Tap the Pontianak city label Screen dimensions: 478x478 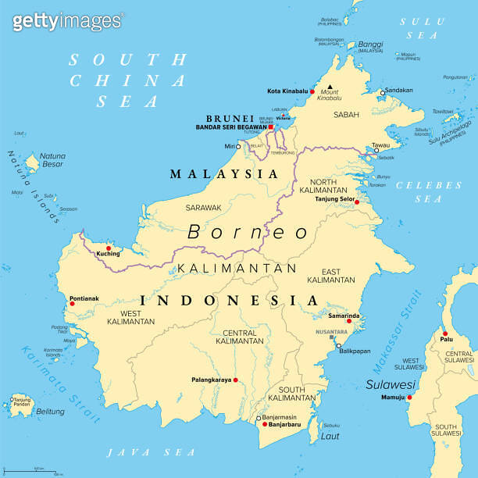84,298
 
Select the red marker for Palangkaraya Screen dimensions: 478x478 235,380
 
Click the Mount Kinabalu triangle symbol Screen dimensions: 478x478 330,87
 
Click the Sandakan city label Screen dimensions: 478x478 398,91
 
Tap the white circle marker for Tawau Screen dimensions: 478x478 376,151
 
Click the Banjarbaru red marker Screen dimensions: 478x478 265,424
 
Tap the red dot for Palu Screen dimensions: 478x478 445,332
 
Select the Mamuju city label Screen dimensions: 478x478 392,398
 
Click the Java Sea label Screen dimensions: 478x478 151,452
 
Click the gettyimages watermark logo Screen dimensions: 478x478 67,20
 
